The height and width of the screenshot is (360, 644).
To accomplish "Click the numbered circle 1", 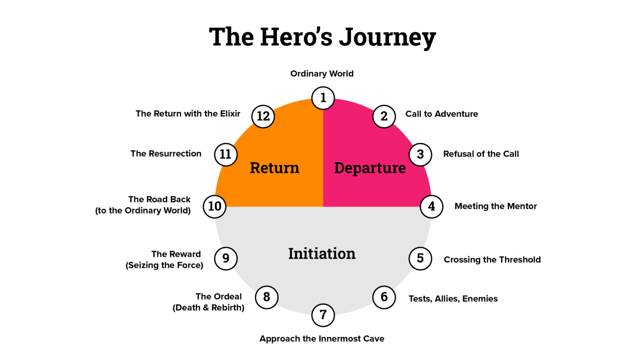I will point(323,98).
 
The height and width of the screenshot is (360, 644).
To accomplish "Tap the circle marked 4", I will point(431,206).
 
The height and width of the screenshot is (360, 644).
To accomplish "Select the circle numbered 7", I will point(323,315).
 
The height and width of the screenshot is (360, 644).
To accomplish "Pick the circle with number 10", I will point(215,206).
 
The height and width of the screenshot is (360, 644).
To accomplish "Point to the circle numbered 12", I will point(263,116).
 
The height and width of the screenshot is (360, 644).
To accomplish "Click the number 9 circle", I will point(226,258).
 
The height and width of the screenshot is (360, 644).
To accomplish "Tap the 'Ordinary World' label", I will point(322,74).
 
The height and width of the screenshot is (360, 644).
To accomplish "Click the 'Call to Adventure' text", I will point(441,114).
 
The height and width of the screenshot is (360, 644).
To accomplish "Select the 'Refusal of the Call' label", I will point(481,154).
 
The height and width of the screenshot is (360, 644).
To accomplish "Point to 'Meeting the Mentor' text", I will point(496,206).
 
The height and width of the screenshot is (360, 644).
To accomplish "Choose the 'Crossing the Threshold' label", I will point(492,259).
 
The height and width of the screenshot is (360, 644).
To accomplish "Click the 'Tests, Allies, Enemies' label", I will point(453,299).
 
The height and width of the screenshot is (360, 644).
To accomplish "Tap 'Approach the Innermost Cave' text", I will point(322,339).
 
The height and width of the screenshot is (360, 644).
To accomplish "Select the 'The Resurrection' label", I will point(166,153).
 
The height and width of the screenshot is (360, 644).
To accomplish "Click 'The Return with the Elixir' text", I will point(188,114).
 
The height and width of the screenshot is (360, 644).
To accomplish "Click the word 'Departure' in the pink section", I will point(370,168).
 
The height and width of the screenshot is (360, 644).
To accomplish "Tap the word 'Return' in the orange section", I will point(275,168).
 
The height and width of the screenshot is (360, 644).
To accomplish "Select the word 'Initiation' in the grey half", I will point(322,254).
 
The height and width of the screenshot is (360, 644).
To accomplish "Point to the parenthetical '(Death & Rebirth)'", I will point(208,308).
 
